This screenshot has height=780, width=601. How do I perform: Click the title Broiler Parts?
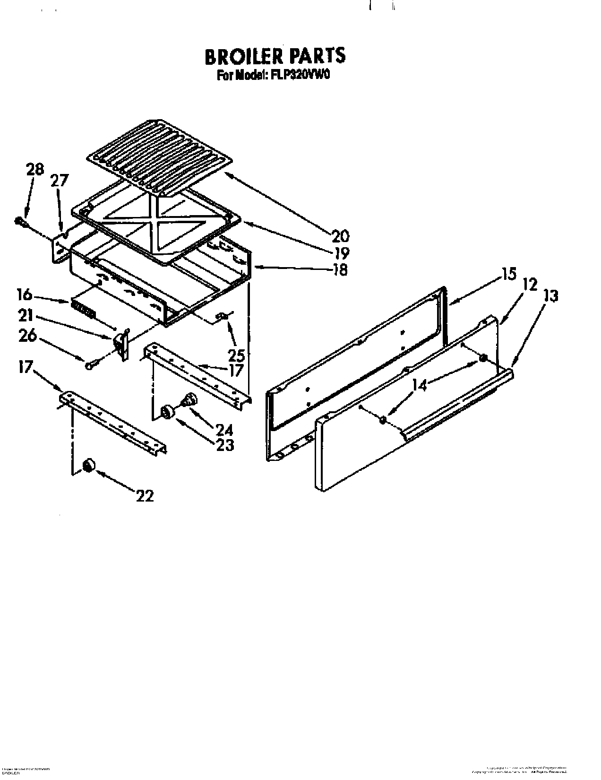275,56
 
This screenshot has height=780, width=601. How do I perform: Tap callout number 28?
34,170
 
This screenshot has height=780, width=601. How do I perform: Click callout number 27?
60,181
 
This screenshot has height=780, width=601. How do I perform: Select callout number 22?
145,495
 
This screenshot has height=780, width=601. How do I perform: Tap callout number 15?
509,274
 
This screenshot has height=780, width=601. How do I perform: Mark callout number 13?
550,296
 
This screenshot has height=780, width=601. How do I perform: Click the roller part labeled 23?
167,412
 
